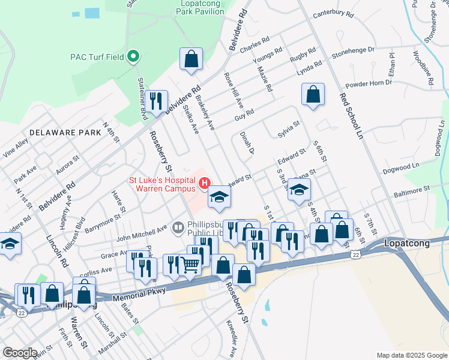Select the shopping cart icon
(x=190, y=264)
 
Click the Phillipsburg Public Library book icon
(x=178, y=227)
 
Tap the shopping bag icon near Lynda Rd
(x=313, y=94)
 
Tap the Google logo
(x=20, y=353)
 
